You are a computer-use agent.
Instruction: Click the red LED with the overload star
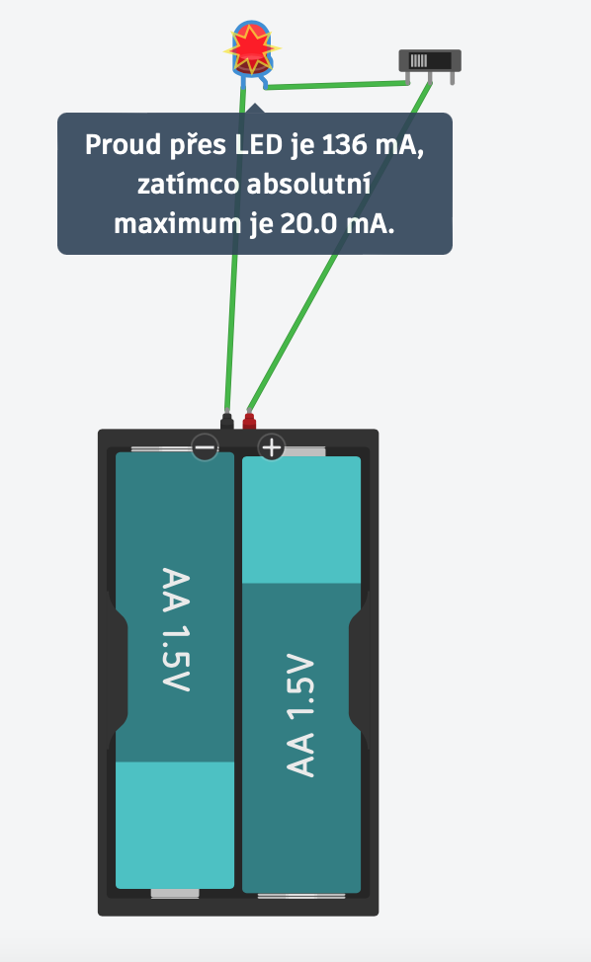252,49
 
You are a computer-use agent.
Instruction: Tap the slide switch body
430,60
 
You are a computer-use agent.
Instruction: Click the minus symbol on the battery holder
205,447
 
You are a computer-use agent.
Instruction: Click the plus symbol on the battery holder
271,447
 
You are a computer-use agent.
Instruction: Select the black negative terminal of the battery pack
227,421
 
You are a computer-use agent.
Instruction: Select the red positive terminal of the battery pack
248,421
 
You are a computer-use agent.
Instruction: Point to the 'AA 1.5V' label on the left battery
176,629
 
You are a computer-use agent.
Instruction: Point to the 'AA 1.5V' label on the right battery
300,715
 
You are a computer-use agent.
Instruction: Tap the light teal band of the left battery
175,825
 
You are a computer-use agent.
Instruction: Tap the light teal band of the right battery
301,520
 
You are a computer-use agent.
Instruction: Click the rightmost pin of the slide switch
453,79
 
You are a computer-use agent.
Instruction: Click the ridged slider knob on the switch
419,60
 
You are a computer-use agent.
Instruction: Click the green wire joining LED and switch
337,85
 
